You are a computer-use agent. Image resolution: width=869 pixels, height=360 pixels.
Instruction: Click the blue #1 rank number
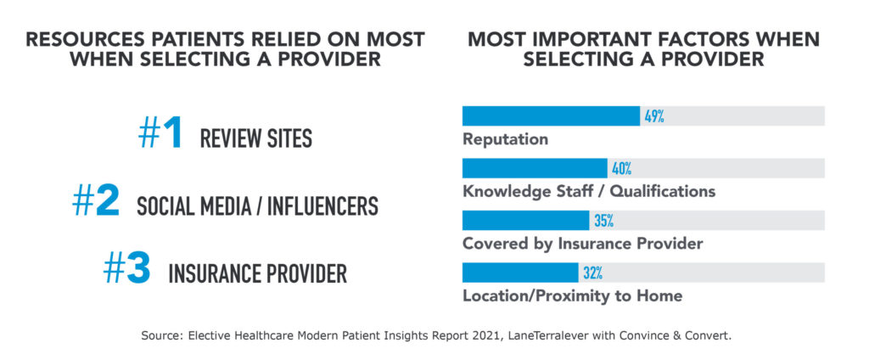(x=161, y=135)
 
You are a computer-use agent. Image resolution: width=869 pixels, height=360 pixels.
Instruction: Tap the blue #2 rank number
(x=96, y=204)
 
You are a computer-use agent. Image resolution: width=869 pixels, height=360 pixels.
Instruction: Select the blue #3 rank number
(x=126, y=271)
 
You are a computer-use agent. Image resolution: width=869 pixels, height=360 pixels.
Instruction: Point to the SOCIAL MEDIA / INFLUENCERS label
(x=257, y=206)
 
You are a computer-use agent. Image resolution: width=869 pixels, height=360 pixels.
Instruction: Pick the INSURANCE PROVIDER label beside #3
(x=257, y=274)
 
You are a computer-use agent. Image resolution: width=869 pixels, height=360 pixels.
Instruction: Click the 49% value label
(x=653, y=116)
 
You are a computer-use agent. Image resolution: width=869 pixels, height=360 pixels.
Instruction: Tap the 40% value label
(x=621, y=168)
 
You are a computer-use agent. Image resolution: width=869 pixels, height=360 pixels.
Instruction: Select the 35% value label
(x=603, y=221)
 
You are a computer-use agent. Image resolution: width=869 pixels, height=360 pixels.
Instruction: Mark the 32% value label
(x=592, y=273)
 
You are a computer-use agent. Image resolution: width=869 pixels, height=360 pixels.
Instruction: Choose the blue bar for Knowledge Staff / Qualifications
(x=535, y=168)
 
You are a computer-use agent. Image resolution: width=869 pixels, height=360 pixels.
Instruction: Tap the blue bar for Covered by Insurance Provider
(x=525, y=221)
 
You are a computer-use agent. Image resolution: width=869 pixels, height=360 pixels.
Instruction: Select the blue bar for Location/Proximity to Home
(x=519, y=273)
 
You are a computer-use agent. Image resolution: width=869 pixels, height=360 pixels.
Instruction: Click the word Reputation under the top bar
(x=505, y=139)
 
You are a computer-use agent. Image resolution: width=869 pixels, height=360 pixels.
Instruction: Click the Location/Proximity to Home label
(x=572, y=296)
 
